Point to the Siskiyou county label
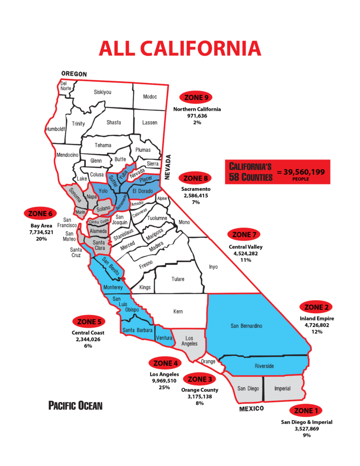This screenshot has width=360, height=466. point(102,92)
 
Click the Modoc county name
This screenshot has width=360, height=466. point(150,97)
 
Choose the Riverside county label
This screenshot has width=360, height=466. point(264,366)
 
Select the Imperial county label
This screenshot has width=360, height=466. point(282,388)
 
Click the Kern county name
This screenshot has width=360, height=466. point(178,311)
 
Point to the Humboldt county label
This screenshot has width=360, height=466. point(55,129)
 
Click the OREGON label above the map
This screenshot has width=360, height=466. point(74,74)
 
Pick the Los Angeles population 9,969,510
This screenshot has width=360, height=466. point(164,381)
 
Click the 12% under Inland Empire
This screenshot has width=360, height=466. point(317,331)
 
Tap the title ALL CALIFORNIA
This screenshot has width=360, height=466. point(180,48)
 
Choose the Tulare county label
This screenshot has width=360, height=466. point(178,279)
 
